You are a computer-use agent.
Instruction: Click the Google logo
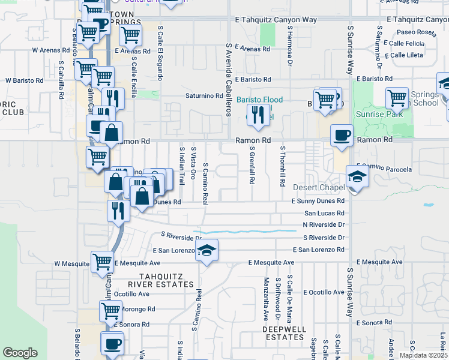coord(20,353)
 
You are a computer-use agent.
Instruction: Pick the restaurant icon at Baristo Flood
coord(259,115)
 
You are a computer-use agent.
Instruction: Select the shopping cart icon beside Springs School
coord(397,98)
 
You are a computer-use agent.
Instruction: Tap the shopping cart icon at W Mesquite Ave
coord(103,262)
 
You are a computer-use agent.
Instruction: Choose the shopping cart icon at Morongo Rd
coord(111,311)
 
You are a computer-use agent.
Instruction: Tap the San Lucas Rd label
coord(324,213)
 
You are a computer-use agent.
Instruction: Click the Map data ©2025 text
coord(423,355)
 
